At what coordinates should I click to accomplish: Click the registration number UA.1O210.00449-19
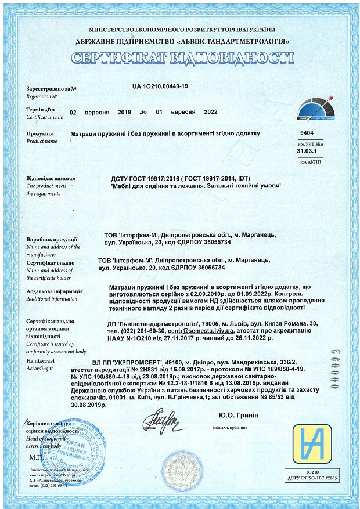160,86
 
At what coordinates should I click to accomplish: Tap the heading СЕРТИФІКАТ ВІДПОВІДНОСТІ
182,58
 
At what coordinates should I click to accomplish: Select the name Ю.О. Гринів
239,416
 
